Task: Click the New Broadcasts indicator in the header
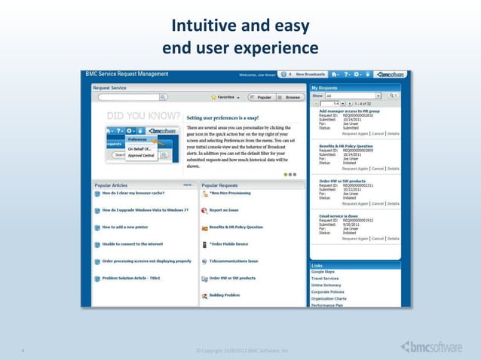tap(309, 74)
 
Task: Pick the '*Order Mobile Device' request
tap(228, 244)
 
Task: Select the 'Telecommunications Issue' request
tap(234, 261)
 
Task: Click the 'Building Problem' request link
tap(225, 295)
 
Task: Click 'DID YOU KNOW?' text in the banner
tap(143, 117)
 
